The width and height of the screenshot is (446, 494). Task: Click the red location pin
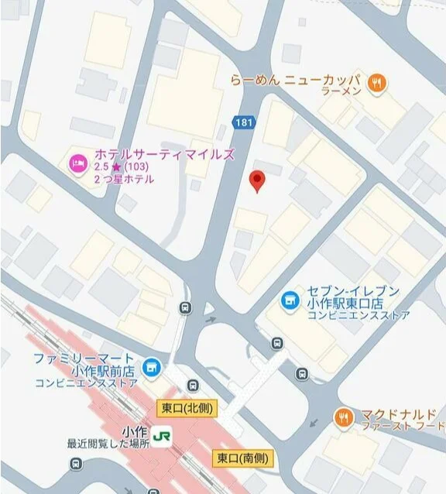pyautogui.click(x=259, y=180)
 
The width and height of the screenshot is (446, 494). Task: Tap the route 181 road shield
pyautogui.click(x=243, y=122)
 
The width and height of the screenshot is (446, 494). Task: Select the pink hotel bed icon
pyautogui.click(x=77, y=163)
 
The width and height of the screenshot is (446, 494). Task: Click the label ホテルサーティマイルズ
pyautogui.click(x=163, y=154)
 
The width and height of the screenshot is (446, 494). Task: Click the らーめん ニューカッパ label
pyautogui.click(x=296, y=80)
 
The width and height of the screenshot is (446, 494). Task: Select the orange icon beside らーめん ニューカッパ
pyautogui.click(x=377, y=83)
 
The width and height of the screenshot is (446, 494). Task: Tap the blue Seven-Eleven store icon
pyautogui.click(x=289, y=298)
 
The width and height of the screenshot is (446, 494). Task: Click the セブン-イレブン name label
pyautogui.click(x=353, y=292)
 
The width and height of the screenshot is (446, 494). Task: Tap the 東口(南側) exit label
pyautogui.click(x=243, y=458)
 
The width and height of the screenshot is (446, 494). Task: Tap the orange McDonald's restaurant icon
pyautogui.click(x=343, y=418)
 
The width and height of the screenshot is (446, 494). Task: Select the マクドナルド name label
pyautogui.click(x=397, y=413)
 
